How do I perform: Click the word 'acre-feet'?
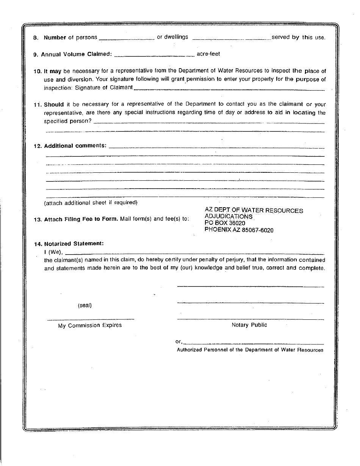click(208, 54)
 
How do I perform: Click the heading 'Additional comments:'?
click(75, 146)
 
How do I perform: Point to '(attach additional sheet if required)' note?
click(91, 203)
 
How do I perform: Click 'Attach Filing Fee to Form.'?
click(81, 219)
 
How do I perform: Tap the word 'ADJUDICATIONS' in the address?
click(228, 217)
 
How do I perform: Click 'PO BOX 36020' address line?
click(225, 223)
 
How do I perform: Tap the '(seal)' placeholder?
click(85, 305)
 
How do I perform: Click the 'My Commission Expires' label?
click(90, 325)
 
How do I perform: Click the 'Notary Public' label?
click(249, 325)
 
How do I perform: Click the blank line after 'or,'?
click(254, 342)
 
